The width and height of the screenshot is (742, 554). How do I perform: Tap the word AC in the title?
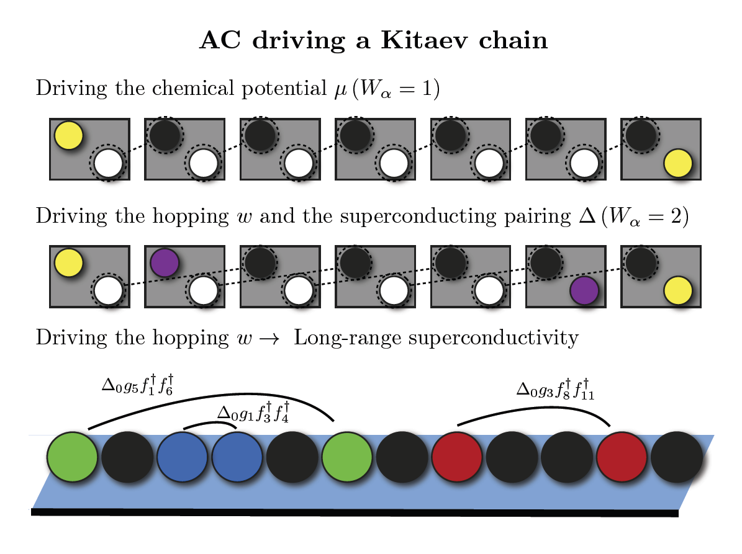point(220,40)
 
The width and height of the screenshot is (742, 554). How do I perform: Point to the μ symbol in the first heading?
point(341,90)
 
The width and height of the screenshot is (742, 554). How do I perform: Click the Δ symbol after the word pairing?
point(587,215)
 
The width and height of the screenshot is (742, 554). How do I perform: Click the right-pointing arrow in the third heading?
point(269,339)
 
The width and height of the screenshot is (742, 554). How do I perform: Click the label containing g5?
point(138,385)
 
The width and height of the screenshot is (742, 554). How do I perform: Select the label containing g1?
point(253,412)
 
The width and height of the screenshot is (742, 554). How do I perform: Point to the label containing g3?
point(555,390)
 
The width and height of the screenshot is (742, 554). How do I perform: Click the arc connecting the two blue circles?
point(210,424)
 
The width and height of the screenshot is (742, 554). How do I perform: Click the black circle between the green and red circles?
point(402,457)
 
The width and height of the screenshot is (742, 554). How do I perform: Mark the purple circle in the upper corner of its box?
point(165,263)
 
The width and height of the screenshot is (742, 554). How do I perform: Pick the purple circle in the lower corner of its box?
point(584,291)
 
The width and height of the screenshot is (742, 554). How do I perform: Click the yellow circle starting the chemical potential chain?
point(69,136)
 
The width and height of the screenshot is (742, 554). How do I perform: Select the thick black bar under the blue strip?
point(355,512)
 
